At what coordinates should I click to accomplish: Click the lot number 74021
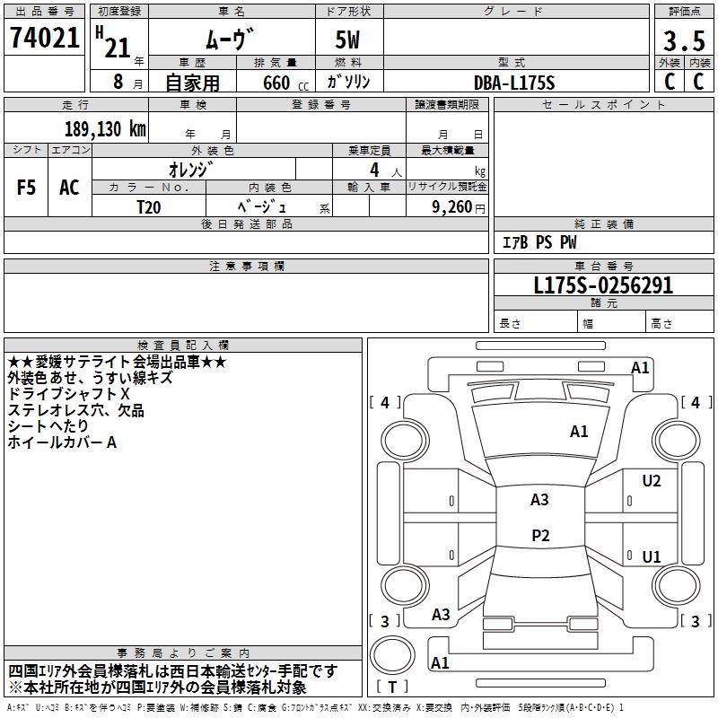point(45,39)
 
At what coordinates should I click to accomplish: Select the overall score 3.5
point(683,41)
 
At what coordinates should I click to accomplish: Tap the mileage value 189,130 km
point(105,128)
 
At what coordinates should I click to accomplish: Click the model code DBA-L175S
point(514,83)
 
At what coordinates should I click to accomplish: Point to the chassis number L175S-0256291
point(603,285)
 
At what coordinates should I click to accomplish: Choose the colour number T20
point(149,206)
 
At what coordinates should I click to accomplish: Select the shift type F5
point(27,188)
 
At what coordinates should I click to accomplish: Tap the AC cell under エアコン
point(69,188)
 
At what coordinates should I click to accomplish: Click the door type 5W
point(349,41)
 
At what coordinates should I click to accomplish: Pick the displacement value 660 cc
point(269,83)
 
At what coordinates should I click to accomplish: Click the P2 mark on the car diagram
point(539,536)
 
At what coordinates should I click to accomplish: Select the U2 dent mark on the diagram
point(651,481)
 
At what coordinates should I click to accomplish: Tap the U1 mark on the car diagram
point(651,556)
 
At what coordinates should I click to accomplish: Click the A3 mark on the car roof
point(539,500)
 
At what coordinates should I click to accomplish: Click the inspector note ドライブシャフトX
point(69,394)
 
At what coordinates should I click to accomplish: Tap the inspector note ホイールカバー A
point(63,442)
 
